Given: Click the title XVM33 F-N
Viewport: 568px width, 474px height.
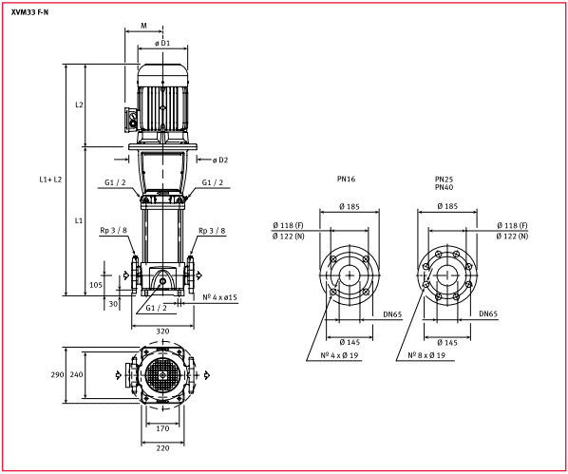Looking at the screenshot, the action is coord(29,12).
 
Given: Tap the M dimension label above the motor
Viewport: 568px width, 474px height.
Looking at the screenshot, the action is coord(143,26).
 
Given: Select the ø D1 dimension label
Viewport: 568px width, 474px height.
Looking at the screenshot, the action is coord(162,43).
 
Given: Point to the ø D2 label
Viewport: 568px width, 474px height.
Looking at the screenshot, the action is coord(220,160).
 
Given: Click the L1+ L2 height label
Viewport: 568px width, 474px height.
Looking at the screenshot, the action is coord(50,180).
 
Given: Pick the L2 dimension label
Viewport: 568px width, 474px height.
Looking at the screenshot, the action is coord(79,104).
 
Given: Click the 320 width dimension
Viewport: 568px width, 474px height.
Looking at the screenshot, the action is coord(162,331).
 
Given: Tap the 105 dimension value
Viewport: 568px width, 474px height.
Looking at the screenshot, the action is coord(96,285).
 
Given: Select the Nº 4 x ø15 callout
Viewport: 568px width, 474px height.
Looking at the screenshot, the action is coord(219,297).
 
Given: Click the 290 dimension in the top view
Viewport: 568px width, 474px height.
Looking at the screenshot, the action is coord(57,374).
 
